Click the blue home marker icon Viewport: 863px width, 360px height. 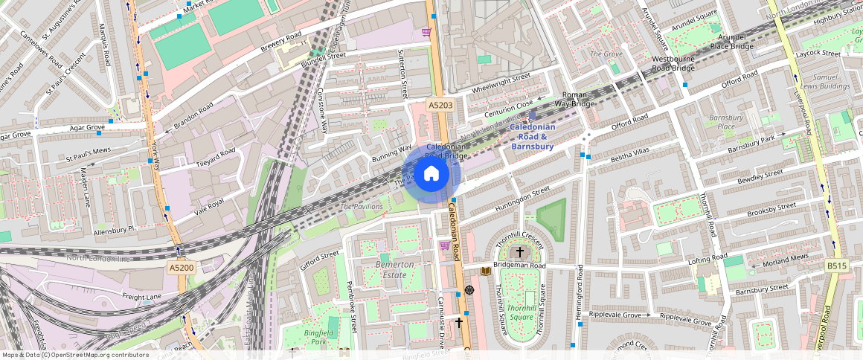pyautogui.click(x=431, y=174)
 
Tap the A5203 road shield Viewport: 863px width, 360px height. pyautogui.click(x=440, y=106)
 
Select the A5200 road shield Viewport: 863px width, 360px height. pyautogui.click(x=181, y=267)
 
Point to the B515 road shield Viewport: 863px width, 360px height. pyautogui.click(x=837, y=266)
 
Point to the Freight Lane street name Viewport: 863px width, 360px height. pyautogui.click(x=141, y=297)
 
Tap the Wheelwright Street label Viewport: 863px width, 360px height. pyautogui.click(x=501, y=83)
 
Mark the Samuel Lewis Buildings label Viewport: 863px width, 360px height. pyautogui.click(x=831, y=82)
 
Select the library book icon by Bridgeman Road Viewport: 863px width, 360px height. pyautogui.click(x=486, y=271)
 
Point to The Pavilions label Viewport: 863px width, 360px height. pyautogui.click(x=361, y=206)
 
